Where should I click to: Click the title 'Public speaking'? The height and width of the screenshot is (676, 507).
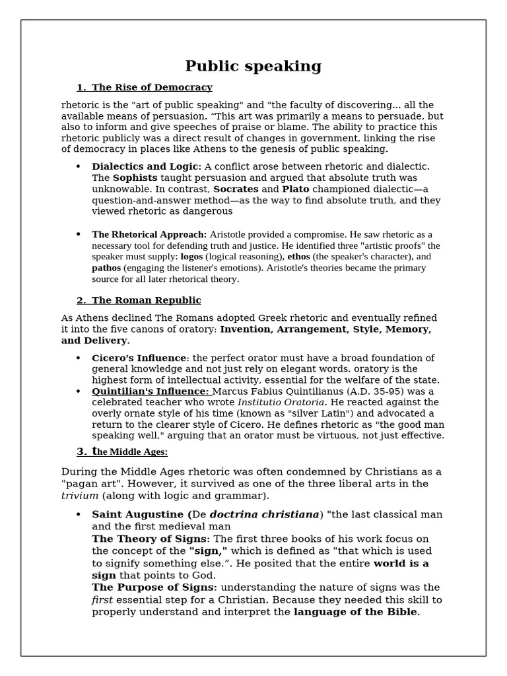tap(253, 66)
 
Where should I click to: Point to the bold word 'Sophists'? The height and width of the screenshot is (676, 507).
tap(135, 178)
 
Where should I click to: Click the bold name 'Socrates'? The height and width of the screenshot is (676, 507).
tap(236, 189)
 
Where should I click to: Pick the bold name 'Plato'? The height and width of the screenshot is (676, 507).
tap(296, 189)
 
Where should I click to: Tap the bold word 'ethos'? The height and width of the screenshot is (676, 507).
tap(299, 257)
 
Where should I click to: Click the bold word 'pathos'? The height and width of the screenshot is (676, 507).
tap(106, 268)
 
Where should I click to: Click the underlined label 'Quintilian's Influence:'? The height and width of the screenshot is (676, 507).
tap(149, 391)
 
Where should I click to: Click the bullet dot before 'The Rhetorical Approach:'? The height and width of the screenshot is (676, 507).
tap(78, 234)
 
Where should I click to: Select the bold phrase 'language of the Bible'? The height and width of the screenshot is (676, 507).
tap(355, 612)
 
